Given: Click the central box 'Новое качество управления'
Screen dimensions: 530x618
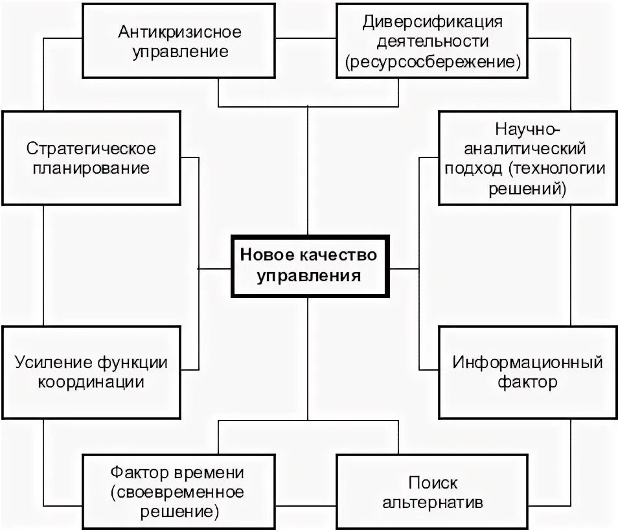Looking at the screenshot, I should point(308,266).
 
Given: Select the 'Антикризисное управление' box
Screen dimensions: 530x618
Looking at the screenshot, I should point(180,41).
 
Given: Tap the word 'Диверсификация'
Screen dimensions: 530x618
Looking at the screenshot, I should point(433,21).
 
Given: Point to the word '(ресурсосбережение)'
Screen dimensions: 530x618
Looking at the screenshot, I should point(433,62).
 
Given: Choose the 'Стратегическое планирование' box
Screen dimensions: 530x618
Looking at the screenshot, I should point(91,157).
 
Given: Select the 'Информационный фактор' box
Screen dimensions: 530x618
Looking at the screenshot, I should point(527,371).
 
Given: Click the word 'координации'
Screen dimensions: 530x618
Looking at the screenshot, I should point(91,381).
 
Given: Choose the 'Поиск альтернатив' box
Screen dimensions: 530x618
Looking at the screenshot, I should point(433,492).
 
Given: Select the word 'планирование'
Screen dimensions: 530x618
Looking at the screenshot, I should point(91,168).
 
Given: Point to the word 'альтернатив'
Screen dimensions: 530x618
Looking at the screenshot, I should point(433,502).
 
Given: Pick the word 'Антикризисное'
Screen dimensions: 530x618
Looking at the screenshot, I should point(180,30).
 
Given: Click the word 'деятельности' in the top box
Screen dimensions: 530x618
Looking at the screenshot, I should point(433,41).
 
